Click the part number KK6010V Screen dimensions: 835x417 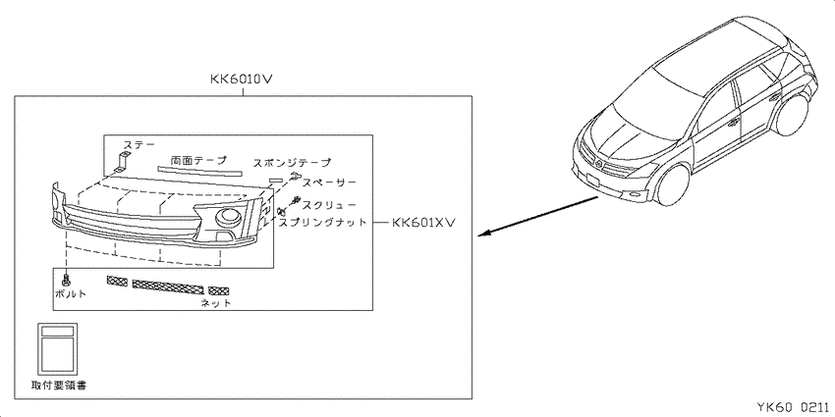[243, 80]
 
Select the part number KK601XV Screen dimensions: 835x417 [423, 223]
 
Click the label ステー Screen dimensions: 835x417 [139, 144]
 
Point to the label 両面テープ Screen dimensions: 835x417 [198, 160]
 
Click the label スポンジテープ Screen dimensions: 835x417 [292, 162]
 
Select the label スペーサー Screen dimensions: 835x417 [329, 182]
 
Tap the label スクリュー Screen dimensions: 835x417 [328, 204]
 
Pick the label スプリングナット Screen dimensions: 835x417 [323, 223]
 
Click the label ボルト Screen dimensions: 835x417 [70, 293]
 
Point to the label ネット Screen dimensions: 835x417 [216, 303]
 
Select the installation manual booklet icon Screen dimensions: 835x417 [57, 348]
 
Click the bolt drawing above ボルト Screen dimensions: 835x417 [67, 279]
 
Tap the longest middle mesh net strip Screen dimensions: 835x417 [168, 287]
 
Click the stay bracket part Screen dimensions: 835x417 [122, 162]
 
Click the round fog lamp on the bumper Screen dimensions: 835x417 [230, 217]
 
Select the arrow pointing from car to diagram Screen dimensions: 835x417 [538, 217]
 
